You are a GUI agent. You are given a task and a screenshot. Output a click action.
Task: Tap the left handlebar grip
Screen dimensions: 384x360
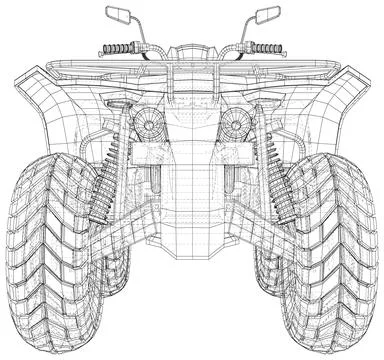coord(117,49)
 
